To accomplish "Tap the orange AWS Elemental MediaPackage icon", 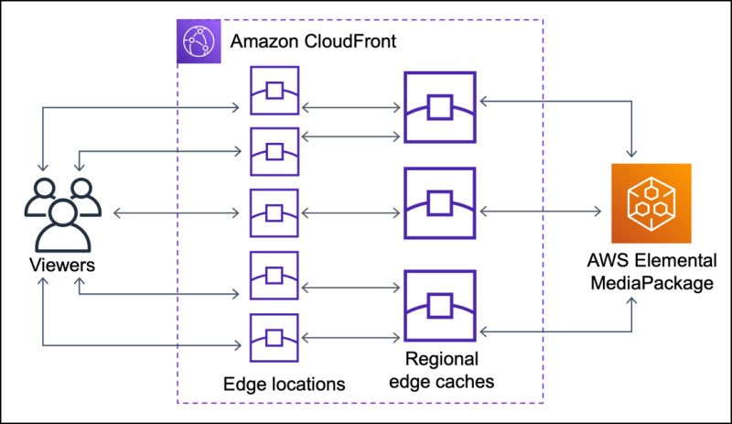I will pyautogui.click(x=652, y=203).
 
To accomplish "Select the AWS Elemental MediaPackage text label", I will pyautogui.click(x=651, y=273).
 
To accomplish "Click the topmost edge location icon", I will pyautogui.click(x=274, y=90).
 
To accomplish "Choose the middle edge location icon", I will pyautogui.click(x=274, y=212).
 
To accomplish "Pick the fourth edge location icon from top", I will pyautogui.click(x=274, y=276).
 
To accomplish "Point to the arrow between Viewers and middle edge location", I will pyautogui.click(x=174, y=212).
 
